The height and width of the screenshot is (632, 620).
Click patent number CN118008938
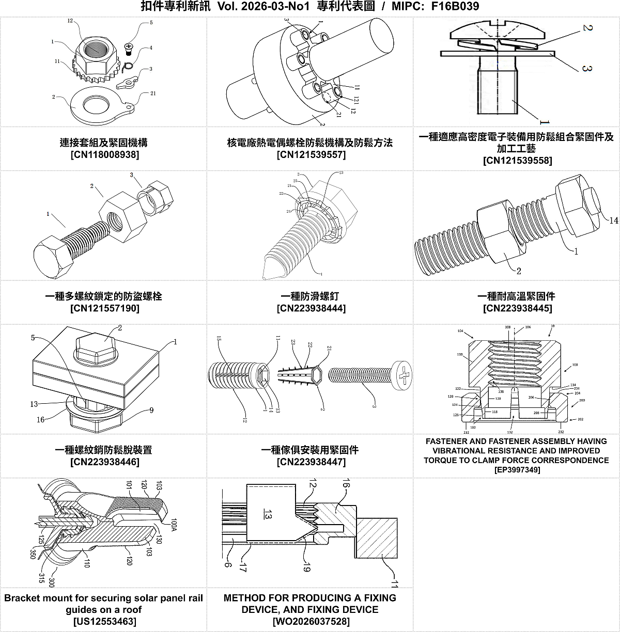pos(104,154)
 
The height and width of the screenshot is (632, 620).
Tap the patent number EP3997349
pos(517,470)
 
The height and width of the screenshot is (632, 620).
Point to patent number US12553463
pos(104,621)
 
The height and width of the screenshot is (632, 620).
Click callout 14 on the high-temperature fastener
pos(613,220)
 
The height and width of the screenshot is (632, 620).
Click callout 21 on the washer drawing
pos(153,93)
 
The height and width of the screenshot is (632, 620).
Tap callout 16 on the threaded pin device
pos(40,420)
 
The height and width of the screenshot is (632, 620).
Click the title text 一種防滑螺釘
pos(310,296)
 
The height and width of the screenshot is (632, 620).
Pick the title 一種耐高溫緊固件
pos(516,296)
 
